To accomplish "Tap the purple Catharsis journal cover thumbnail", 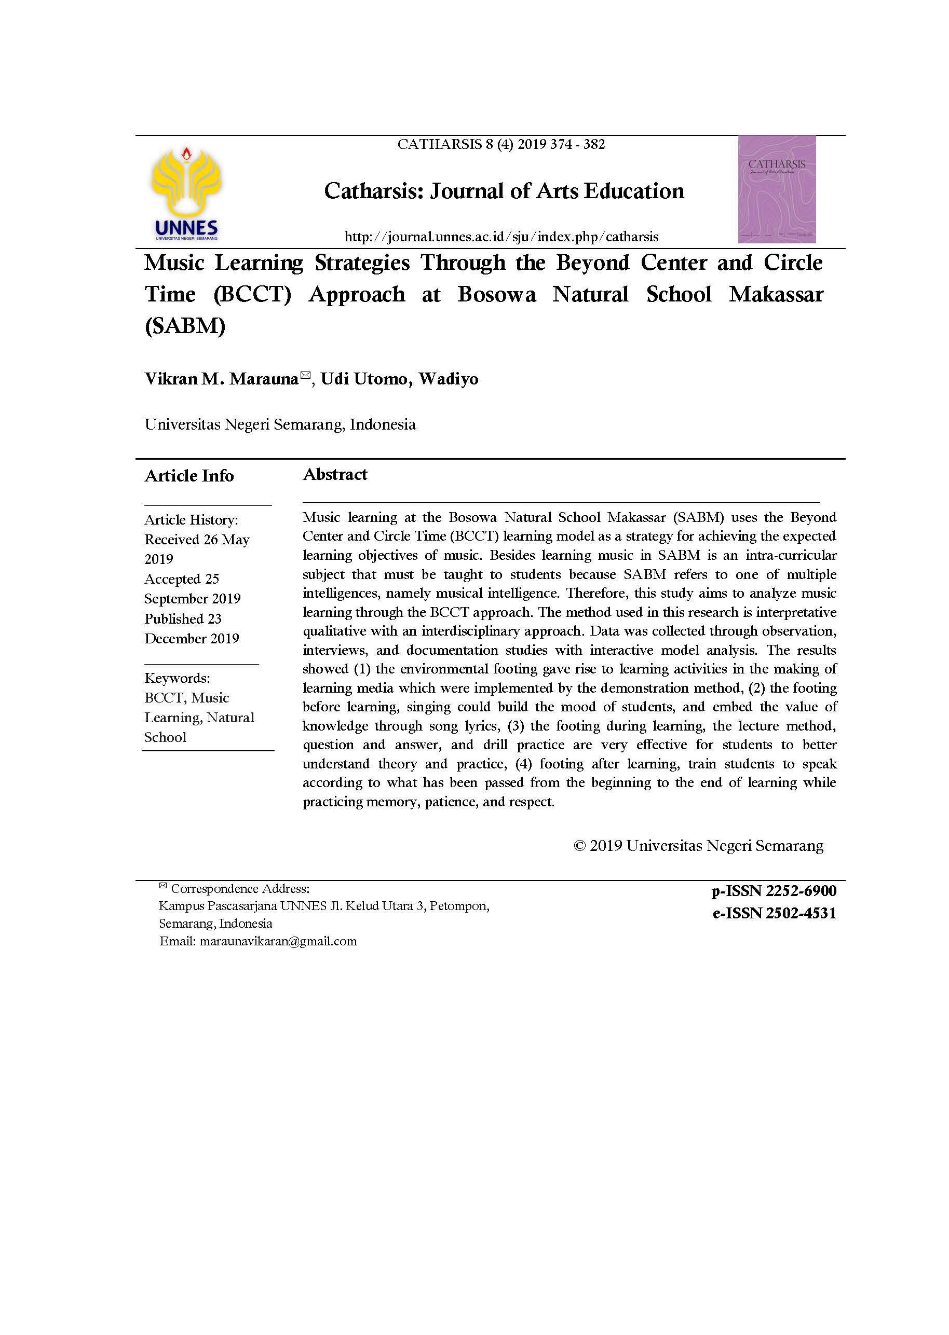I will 776,189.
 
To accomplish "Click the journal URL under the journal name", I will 501,237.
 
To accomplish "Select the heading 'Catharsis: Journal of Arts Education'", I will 504,191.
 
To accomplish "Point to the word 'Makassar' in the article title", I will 776,294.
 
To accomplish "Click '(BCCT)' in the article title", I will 252,294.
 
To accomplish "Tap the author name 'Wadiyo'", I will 448,379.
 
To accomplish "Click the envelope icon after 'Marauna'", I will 305,375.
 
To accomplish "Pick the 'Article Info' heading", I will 189,476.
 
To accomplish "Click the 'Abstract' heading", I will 335,474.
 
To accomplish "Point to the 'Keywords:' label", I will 177,678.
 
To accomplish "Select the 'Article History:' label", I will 191,520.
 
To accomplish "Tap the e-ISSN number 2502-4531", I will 801,913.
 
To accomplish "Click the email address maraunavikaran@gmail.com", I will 278,941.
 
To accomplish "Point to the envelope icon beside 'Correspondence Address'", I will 163,886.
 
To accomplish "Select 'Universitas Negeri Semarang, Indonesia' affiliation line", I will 280,424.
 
